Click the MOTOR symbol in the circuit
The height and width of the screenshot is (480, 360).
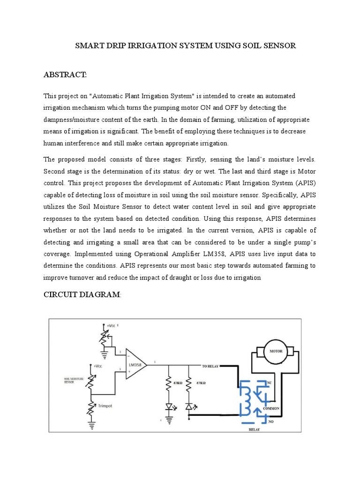point(273,351)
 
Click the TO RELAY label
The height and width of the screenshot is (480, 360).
point(211,366)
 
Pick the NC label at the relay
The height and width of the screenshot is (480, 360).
point(269,383)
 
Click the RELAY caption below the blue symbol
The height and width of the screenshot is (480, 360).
point(254,428)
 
